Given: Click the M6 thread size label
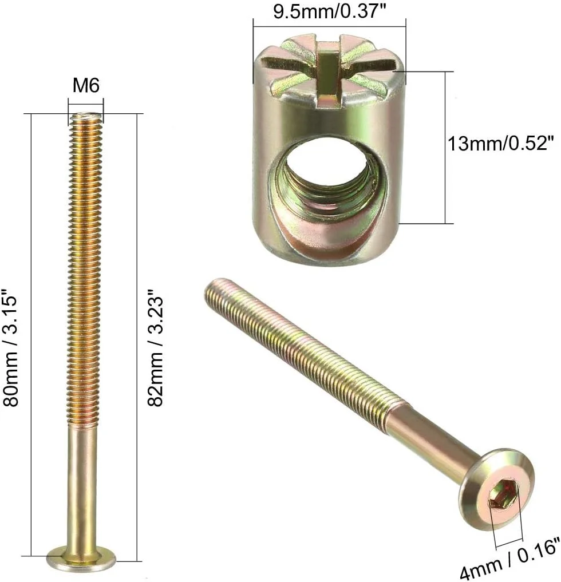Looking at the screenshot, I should coord(86,86).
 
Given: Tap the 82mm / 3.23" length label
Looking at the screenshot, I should coord(156,350).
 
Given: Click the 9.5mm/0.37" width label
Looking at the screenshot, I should coord(329,12).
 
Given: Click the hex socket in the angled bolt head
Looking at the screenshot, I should coord(504,493).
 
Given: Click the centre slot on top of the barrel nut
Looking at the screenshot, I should coord(327,72).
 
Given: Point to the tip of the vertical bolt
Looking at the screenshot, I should coord(86,118).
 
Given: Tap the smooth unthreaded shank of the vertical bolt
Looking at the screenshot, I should coord(85,486).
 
